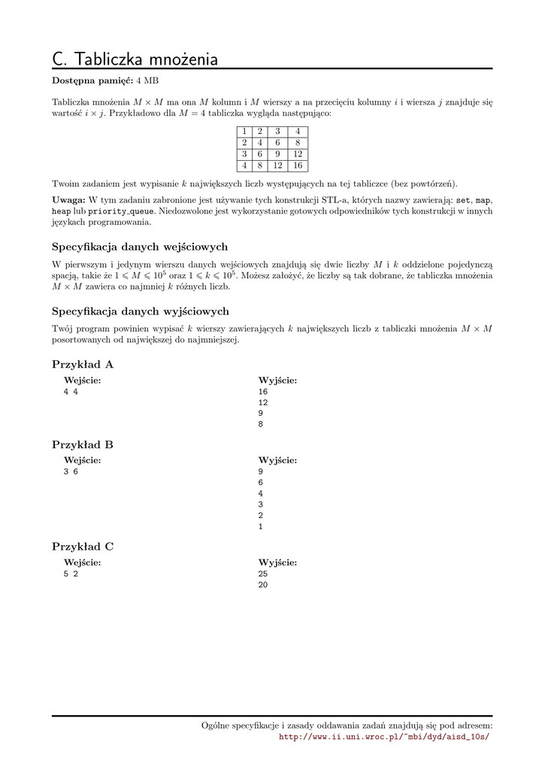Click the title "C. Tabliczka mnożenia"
[x=135, y=59]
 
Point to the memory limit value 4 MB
[x=147, y=80]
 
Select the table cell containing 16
[x=297, y=165]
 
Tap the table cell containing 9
[x=277, y=153]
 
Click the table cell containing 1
[x=244, y=131]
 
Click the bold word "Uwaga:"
[x=68, y=200]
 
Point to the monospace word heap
[x=62, y=211]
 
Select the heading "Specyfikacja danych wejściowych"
[x=140, y=247]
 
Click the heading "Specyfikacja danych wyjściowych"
[x=141, y=311]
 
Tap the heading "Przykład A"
[x=83, y=365]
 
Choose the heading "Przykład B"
[x=83, y=444]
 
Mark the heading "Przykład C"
[x=83, y=547]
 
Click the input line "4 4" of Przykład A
[x=71, y=392]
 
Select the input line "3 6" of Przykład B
[x=71, y=471]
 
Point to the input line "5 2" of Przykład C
[x=71, y=574]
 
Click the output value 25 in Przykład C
[x=262, y=574]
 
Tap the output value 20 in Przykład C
[x=262, y=584]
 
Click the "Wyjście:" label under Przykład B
[x=277, y=460]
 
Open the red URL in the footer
[x=383, y=737]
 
